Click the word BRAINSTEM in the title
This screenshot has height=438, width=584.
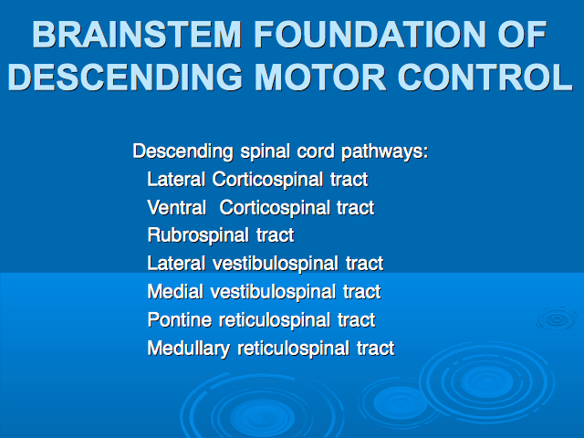click(137, 35)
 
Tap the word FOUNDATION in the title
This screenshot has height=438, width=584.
click(370, 35)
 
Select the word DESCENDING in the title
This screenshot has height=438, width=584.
click(126, 77)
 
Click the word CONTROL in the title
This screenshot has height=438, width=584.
click(485, 77)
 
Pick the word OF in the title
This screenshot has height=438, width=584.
click(522, 35)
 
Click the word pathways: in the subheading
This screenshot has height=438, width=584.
click(385, 152)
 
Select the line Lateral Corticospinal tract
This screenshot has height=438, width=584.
click(257, 180)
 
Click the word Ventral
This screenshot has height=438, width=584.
click(177, 207)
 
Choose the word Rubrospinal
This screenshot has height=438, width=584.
click(198, 236)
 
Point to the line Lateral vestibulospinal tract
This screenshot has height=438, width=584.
click(266, 264)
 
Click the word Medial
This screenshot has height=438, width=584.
click(175, 292)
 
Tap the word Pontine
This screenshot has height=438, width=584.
click(180, 320)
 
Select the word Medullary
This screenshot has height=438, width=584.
click(189, 349)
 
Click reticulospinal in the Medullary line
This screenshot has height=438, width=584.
click(293, 349)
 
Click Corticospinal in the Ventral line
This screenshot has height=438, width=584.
click(275, 208)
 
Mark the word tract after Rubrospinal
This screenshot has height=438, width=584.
click(276, 236)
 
